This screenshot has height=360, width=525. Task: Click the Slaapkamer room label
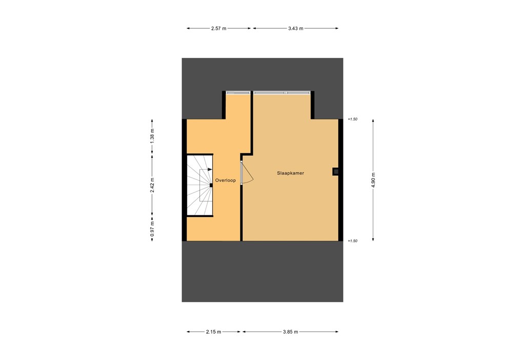pyautogui.click(x=291, y=173)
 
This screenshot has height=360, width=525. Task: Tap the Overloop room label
pyautogui.click(x=226, y=181)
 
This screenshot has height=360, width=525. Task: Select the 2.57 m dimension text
pyautogui.click(x=219, y=28)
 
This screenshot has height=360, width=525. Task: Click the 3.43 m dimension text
pyautogui.click(x=296, y=28)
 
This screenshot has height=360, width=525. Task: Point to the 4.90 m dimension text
pyautogui.click(x=373, y=180)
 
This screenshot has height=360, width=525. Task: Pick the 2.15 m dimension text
pyautogui.click(x=213, y=332)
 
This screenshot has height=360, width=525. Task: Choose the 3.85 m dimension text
pyautogui.click(x=290, y=332)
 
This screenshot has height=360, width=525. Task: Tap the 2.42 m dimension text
pyautogui.click(x=152, y=184)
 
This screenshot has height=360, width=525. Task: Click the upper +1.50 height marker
pyautogui.click(x=352, y=119)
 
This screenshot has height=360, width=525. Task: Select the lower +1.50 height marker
pyautogui.click(x=352, y=241)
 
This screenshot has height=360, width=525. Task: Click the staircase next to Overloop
pyautogui.click(x=199, y=186)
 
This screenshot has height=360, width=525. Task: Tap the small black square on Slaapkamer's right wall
pyautogui.click(x=336, y=172)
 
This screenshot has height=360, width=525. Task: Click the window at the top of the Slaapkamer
pyautogui.click(x=282, y=93)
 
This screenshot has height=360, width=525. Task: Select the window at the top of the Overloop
pyautogui.click(x=237, y=93)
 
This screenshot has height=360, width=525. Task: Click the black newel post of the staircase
pyautogui.click(x=211, y=185)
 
